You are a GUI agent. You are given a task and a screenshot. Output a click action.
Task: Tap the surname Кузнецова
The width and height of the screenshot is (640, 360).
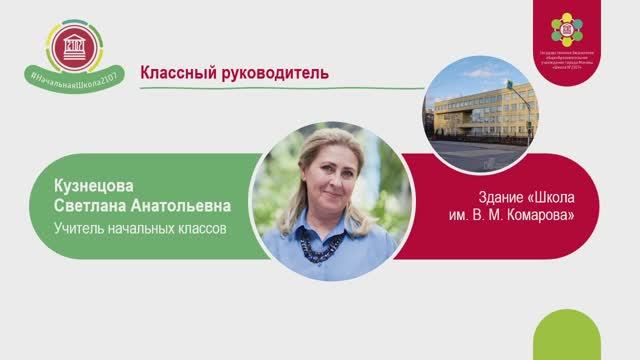[x=95, y=186]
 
